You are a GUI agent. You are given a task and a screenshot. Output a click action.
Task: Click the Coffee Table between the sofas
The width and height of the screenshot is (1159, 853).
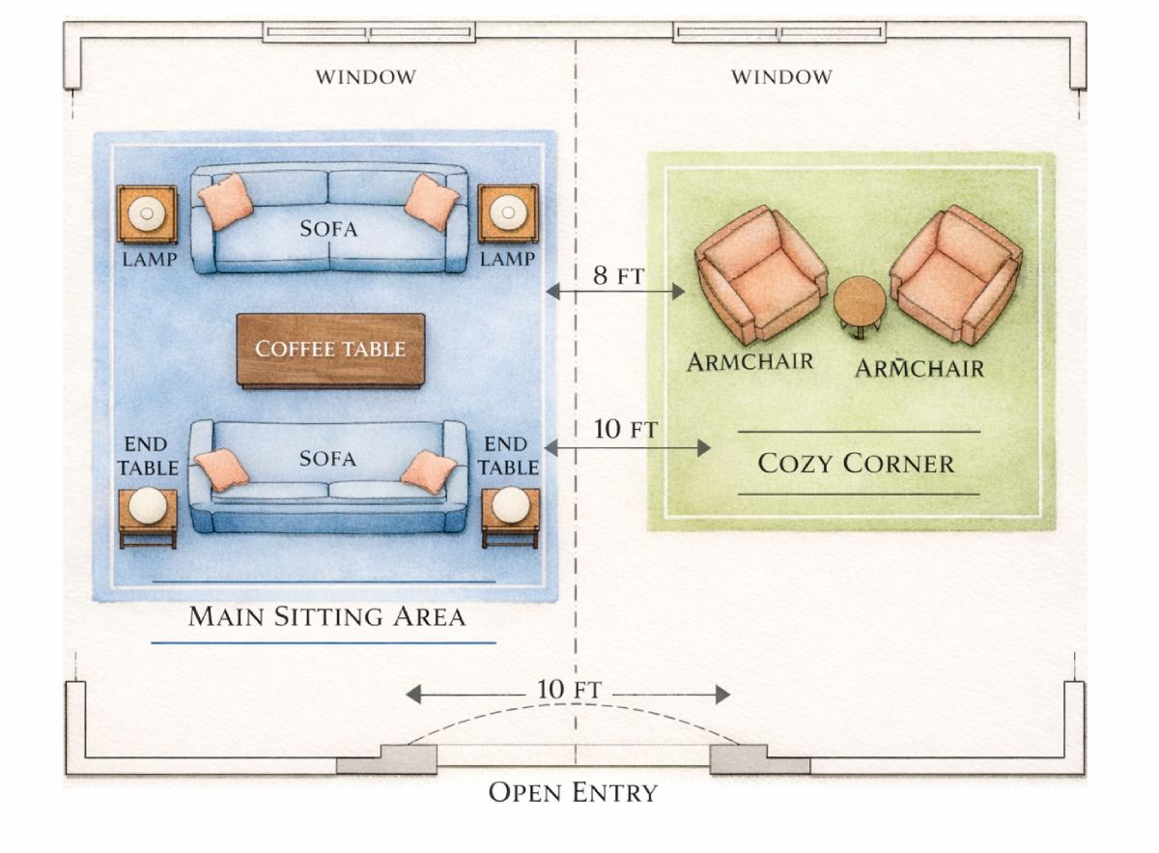coord(330,349)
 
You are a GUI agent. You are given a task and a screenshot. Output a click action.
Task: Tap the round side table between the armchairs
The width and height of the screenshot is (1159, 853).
coord(859,303)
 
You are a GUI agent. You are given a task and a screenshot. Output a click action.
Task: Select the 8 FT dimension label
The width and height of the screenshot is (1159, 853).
coord(616,275)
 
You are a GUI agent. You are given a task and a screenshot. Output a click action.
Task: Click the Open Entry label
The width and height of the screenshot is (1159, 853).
coord(573,793)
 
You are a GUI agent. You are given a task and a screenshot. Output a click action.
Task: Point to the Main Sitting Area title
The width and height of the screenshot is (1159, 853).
coord(326,616)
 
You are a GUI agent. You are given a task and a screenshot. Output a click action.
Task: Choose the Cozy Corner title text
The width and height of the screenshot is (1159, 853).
coord(856,463)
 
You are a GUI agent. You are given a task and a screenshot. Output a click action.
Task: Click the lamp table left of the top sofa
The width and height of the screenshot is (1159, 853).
coord(148,213)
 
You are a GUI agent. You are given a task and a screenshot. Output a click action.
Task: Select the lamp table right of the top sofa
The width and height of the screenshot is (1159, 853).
coord(508,213)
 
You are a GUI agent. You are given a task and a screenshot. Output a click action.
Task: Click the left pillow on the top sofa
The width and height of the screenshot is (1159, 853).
coord(226,202)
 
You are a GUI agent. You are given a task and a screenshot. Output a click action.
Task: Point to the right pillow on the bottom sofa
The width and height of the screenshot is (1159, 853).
coord(428,472)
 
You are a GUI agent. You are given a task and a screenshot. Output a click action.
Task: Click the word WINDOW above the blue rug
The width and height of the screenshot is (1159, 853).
coord(366,77)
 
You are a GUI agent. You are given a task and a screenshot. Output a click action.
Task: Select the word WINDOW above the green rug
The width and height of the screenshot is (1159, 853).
coord(780,77)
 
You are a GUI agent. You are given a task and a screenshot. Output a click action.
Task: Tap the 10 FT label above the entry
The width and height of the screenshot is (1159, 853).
coord(569,692)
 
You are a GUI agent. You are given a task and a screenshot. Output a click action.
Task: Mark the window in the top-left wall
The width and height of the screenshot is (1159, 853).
coord(369,34)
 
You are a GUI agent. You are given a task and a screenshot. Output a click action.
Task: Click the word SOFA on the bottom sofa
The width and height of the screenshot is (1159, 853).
coord(327,458)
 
